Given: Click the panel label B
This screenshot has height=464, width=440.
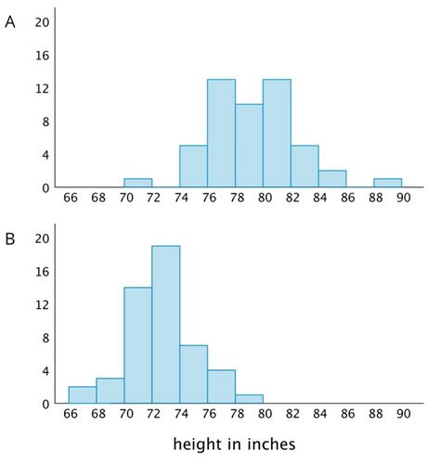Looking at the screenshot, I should coord(10,239).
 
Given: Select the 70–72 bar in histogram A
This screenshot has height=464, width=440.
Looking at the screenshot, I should coord(137,183).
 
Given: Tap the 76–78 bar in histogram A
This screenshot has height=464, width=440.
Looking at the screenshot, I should coord(221,134).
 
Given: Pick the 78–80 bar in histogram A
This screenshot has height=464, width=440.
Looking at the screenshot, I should coord(249,146).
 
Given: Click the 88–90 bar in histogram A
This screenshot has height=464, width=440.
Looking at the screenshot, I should coord(388,183).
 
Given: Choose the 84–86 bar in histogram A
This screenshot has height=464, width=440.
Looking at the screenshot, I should coord(332,179).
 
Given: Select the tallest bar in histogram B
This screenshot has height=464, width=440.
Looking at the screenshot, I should coord(165,325).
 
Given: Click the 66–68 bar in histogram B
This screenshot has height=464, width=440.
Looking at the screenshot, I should coord(82,395).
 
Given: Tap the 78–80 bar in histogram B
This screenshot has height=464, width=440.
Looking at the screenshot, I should coord(249,400).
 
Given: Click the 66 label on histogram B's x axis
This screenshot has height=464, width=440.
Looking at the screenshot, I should coord(69,417).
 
